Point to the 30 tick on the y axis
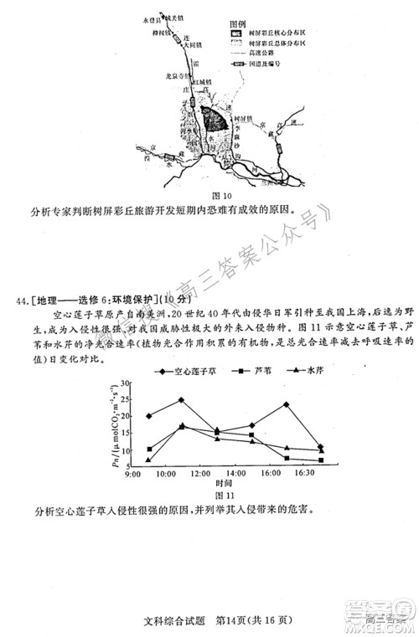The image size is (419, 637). pyautogui.click(x=126, y=383)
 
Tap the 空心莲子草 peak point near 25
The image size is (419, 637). pyautogui.click(x=181, y=400)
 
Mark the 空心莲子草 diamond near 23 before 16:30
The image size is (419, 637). pyautogui.click(x=287, y=405)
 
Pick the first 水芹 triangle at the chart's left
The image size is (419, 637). pyautogui.click(x=148, y=460)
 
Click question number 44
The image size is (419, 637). pyautogui.click(x=20, y=300)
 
